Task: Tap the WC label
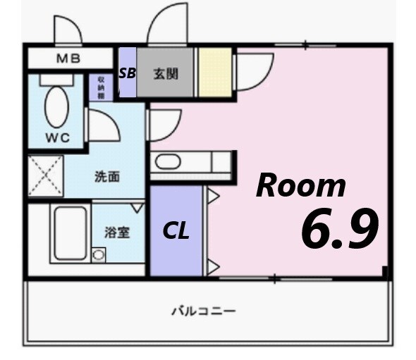point(57,138)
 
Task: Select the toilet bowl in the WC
point(56,106)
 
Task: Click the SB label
point(127,72)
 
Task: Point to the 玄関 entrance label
point(165,72)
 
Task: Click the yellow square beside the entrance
point(214,72)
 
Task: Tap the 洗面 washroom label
point(107,176)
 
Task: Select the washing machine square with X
point(46,177)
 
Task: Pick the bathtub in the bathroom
point(71,233)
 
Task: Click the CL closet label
point(176,230)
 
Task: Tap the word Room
point(301,185)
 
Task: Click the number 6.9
point(340,229)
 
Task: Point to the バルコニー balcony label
point(203,310)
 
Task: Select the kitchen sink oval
point(169,162)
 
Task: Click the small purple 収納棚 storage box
point(100,87)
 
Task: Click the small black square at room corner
point(385,271)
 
